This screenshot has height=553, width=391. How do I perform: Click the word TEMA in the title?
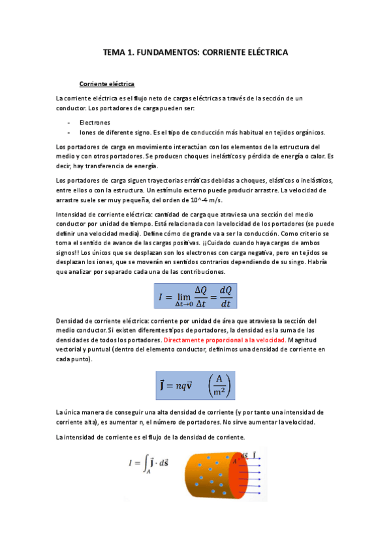(115, 51)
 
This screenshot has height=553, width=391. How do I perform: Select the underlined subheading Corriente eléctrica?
(106, 84)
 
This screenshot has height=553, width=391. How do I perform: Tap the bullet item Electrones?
(95, 122)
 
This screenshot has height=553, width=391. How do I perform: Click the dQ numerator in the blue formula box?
(226, 290)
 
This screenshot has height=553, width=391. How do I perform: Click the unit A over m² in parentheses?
(219, 384)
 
